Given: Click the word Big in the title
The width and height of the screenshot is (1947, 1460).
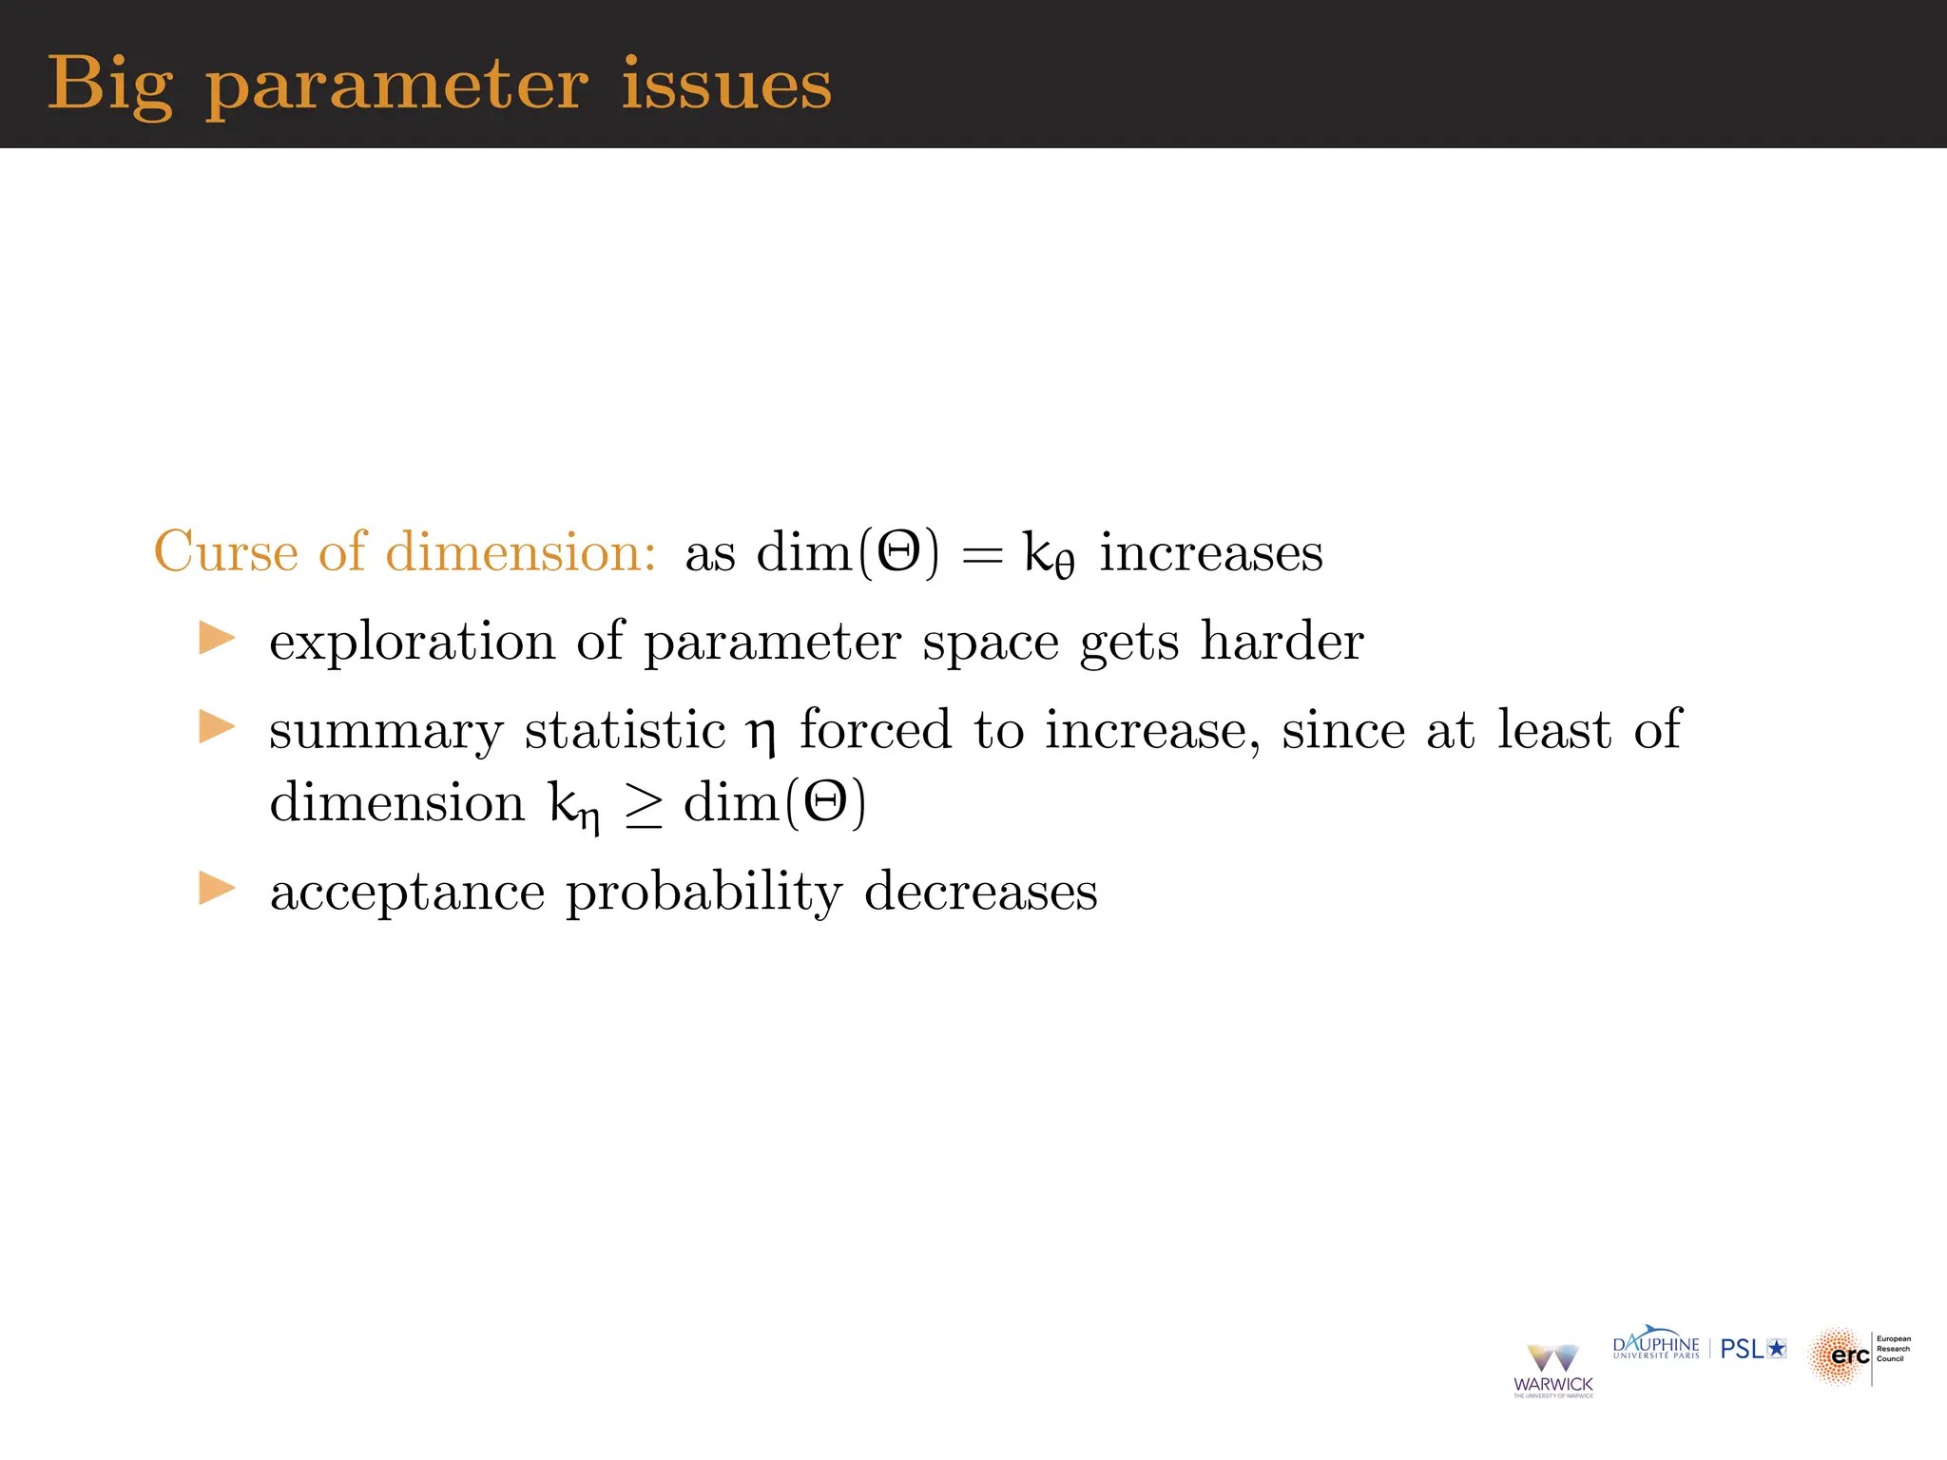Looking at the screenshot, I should (110, 86).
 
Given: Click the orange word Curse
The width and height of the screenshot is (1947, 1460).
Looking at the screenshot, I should (226, 551).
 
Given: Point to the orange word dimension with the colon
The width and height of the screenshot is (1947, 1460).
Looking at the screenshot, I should (521, 551).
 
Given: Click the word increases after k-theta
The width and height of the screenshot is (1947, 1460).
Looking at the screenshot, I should (1211, 553).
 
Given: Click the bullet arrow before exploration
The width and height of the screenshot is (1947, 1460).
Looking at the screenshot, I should (217, 639).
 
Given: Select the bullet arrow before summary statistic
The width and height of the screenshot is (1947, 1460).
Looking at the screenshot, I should (217, 727).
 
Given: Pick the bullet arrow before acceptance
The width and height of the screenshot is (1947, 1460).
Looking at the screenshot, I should (217, 889).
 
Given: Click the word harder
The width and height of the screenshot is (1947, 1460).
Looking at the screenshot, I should (1282, 641).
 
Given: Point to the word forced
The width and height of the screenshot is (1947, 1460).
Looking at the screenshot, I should (875, 729).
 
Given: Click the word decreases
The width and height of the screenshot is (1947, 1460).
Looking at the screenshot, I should (980, 892).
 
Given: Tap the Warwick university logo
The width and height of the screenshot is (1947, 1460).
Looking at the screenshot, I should (1552, 1370).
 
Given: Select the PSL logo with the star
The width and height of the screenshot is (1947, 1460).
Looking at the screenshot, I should (1753, 1349).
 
